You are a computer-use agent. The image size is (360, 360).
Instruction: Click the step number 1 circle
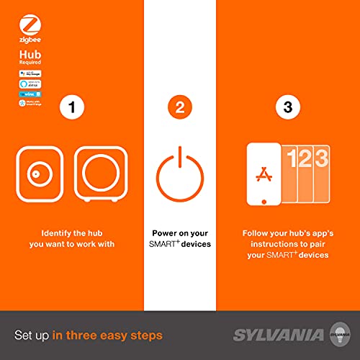pyautogui.click(x=71, y=109)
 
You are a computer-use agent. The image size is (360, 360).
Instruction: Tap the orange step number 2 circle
pyautogui.click(x=179, y=109)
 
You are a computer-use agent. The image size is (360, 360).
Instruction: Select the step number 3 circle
pyautogui.click(x=288, y=109)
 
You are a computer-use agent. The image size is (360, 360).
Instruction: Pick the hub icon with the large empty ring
pyautogui.click(x=100, y=173)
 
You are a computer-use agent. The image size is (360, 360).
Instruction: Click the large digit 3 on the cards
pyautogui.click(x=320, y=161)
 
